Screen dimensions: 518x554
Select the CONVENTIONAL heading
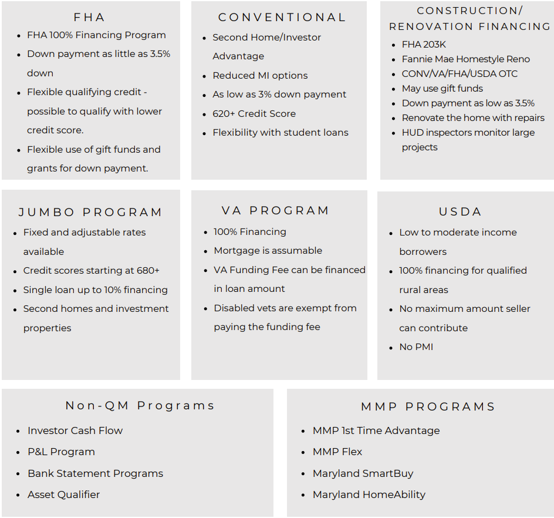click(x=282, y=18)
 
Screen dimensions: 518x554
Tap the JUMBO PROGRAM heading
click(x=90, y=212)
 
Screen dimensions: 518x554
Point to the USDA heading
click(x=460, y=211)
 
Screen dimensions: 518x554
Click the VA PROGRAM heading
click(x=276, y=210)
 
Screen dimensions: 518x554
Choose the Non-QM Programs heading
click(x=140, y=406)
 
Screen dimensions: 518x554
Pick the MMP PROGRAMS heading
click(x=428, y=406)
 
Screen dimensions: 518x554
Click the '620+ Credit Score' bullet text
click(x=254, y=113)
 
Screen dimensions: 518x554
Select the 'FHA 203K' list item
click(x=424, y=45)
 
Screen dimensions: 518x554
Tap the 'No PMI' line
click(x=416, y=347)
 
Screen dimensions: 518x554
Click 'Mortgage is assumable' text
click(x=268, y=250)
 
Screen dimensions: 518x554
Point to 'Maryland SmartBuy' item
click(x=363, y=473)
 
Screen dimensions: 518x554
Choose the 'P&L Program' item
click(x=61, y=452)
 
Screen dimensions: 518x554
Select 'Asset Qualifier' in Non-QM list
click(x=63, y=495)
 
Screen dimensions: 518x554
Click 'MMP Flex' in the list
click(x=337, y=452)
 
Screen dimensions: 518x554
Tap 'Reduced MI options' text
click(x=260, y=75)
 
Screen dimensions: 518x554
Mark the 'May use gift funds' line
click(x=442, y=88)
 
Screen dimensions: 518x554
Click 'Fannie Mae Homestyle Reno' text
click(x=465, y=59)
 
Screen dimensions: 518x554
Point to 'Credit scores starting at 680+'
click(x=91, y=271)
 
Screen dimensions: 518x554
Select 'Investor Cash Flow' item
click(x=75, y=430)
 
